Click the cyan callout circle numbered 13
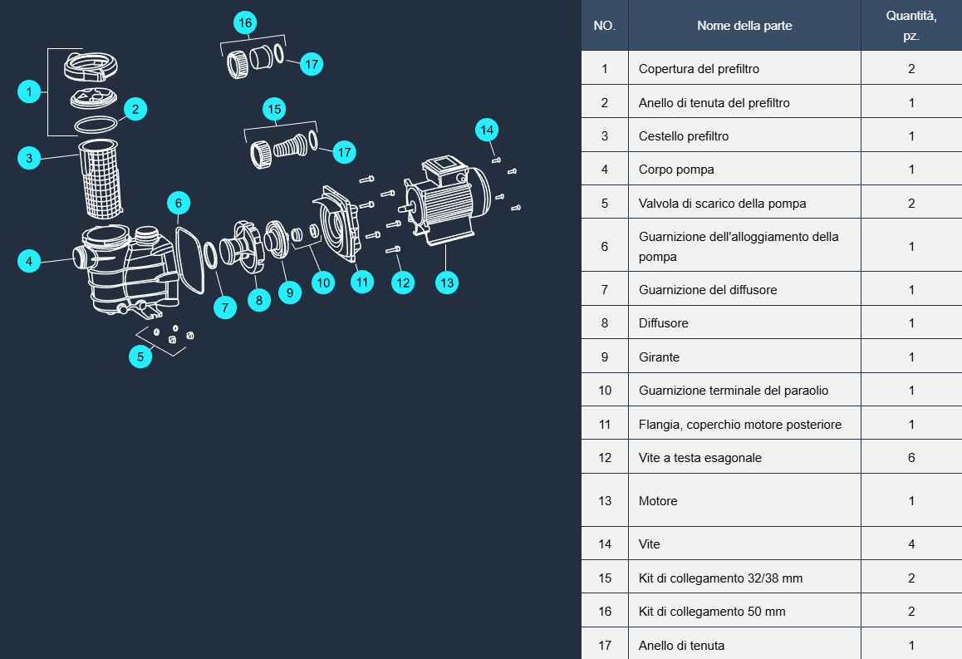coord(447,283)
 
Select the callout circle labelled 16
coord(244,23)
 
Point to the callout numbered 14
coord(487,130)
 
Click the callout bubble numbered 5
coord(140,357)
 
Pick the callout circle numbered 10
coord(323,283)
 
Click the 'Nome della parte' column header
coord(744,26)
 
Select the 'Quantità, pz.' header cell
coord(911,26)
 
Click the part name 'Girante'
coord(659,357)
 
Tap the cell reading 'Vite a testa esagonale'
coord(699,458)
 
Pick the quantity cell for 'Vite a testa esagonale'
coord(911,458)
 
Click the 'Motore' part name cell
coord(658,501)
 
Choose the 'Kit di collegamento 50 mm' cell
coord(712,612)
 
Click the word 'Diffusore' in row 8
coord(663,323)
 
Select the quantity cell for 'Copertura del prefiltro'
coord(911,69)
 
